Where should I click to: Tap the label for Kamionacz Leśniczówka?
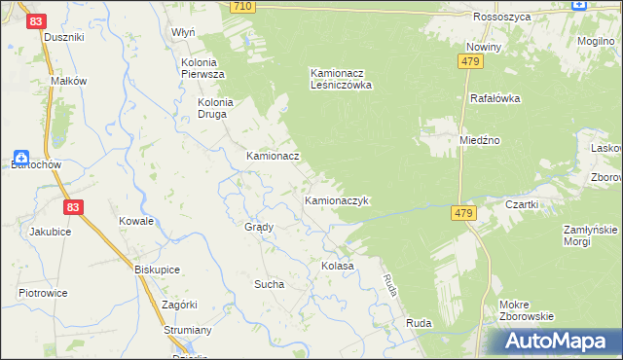[x=342, y=79]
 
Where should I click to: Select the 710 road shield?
[x=243, y=7]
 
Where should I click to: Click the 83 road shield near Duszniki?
[x=35, y=19]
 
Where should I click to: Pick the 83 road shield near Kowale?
[x=73, y=207]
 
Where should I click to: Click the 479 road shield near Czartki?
[x=463, y=212]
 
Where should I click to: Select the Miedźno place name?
[x=480, y=140]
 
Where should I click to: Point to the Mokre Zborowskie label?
[x=526, y=310]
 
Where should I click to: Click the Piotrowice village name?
[x=43, y=292]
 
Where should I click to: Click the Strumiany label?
[x=188, y=330]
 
